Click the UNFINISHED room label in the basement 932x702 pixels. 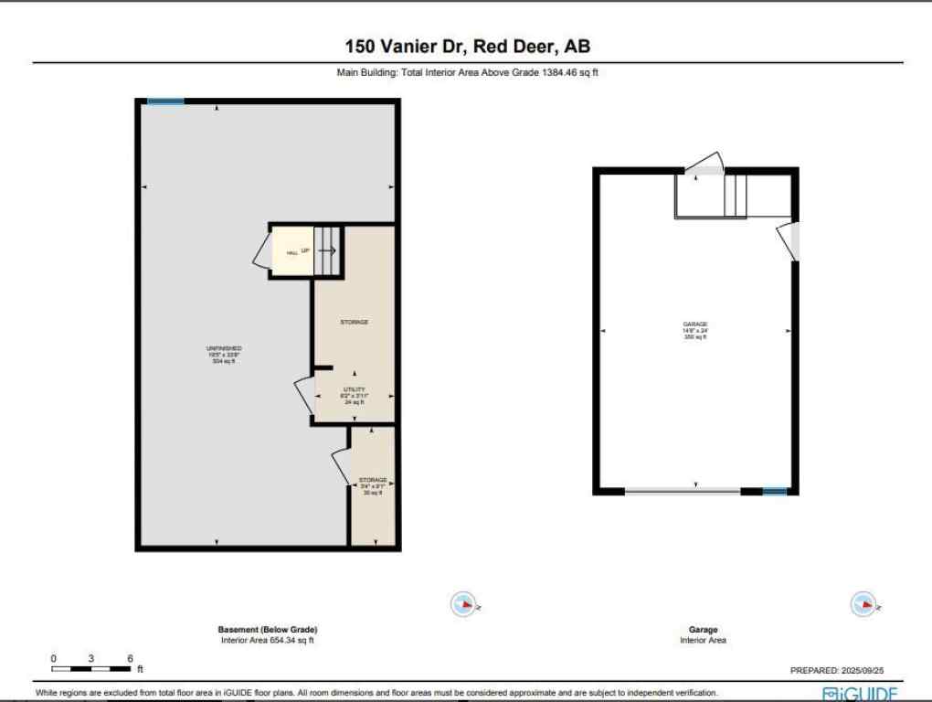[224, 348]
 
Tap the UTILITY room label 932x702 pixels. [355, 390]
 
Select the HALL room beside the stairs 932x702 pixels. [291, 252]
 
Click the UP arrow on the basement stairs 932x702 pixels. [326, 250]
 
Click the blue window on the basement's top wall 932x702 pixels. [165, 101]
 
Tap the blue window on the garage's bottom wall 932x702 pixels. [774, 492]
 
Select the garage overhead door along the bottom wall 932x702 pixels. [683, 492]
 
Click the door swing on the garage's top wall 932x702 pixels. [705, 165]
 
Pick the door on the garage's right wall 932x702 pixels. [790, 240]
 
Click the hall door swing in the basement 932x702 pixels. [260, 251]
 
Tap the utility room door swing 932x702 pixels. [304, 396]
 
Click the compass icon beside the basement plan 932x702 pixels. [465, 603]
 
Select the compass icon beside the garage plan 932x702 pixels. [863, 603]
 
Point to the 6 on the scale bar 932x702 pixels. [131, 658]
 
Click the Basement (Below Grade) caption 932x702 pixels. [268, 630]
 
